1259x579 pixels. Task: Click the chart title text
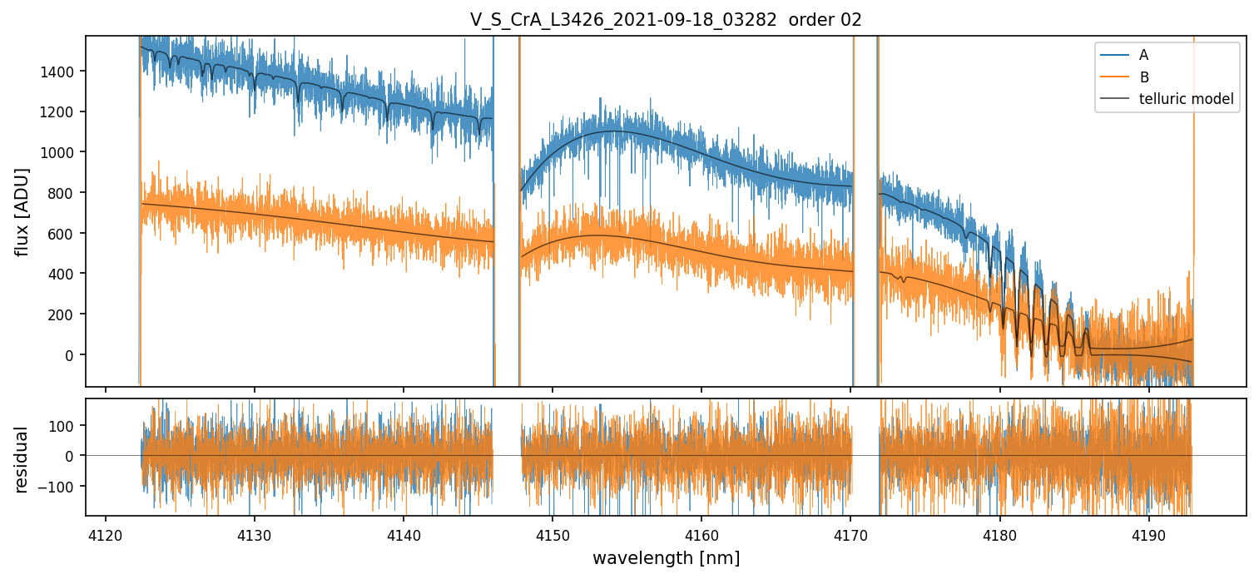666,20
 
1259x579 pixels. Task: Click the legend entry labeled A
1144,55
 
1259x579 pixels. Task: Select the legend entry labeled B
1144,77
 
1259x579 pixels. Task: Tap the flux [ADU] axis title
22,211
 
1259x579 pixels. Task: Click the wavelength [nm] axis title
666,557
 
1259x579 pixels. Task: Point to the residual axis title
22,458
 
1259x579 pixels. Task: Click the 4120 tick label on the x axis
105,533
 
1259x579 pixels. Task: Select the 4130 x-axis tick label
254,533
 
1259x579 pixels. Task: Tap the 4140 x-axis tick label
403,533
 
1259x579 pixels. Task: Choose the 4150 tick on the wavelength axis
552,533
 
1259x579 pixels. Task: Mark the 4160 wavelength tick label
701,533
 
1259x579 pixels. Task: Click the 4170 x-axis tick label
850,533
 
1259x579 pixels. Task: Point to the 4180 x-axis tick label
999,533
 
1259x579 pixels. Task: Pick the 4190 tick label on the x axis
1148,533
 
